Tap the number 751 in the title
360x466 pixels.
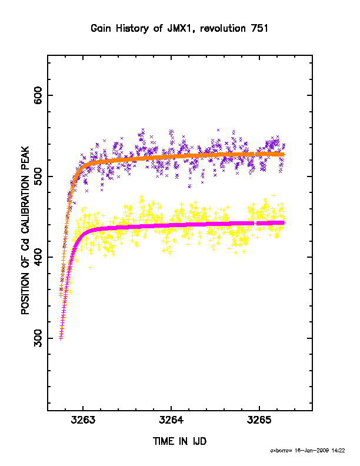(259, 28)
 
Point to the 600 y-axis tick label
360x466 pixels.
(38, 95)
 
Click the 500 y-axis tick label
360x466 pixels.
(38, 177)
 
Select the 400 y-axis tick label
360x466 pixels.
(38, 257)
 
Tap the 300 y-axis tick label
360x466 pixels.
(38, 338)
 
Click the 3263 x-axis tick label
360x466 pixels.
(83, 420)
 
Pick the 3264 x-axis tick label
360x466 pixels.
(171, 420)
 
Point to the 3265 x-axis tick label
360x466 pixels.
(259, 420)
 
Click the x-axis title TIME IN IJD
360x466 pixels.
(179, 441)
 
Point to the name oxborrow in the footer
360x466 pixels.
(281, 451)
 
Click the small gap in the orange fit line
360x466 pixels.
(255, 154)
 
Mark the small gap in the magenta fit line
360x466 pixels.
(255, 223)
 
